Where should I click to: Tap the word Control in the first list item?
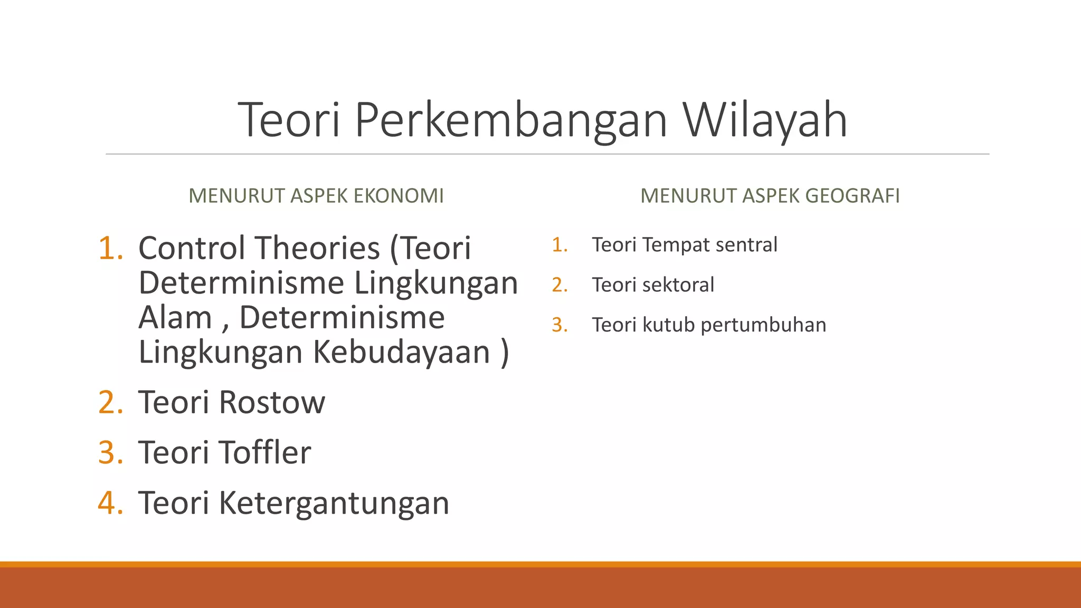coord(194,248)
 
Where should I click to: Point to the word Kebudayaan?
coord(402,352)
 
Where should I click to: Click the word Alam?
coord(175,318)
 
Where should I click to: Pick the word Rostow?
coord(272,403)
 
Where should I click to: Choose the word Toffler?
coord(265,453)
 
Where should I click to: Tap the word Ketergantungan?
coord(334,503)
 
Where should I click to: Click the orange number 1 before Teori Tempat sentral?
coord(557,245)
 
